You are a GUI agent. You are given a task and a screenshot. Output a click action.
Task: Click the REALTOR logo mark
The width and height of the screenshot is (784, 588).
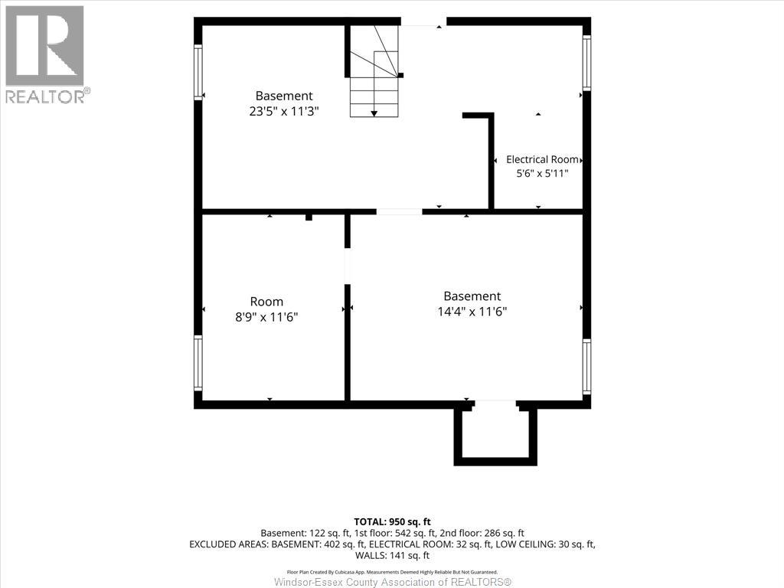pyautogui.click(x=44, y=45)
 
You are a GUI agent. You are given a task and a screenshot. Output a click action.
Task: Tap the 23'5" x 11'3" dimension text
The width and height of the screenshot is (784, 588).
pyautogui.click(x=284, y=111)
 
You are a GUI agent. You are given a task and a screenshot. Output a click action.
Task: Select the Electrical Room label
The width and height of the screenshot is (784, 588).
pyautogui.click(x=542, y=159)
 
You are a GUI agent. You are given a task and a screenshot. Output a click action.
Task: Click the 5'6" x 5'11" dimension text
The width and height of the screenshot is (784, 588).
pyautogui.click(x=543, y=174)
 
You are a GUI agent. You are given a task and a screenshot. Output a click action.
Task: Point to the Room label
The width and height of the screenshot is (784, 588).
pyautogui.click(x=266, y=302)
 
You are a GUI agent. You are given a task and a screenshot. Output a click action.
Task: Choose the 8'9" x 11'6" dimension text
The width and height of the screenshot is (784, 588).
pyautogui.click(x=266, y=317)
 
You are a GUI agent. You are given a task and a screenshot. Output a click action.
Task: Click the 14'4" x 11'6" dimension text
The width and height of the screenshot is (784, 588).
pyautogui.click(x=472, y=312)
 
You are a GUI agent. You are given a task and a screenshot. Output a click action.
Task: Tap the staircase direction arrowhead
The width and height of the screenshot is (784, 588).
pyautogui.click(x=374, y=114)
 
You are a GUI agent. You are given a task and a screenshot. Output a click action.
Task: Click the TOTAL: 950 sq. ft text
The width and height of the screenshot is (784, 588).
pyautogui.click(x=393, y=522)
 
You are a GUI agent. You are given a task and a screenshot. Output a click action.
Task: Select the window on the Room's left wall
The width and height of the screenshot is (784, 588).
pyautogui.click(x=198, y=362)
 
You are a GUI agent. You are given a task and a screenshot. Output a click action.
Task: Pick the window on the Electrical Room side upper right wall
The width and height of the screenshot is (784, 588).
pyautogui.click(x=586, y=63)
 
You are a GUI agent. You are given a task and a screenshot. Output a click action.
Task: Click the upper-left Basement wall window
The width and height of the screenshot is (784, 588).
pyautogui.click(x=198, y=72)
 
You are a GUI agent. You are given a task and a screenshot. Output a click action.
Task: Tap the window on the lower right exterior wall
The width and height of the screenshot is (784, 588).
pyautogui.click(x=586, y=367)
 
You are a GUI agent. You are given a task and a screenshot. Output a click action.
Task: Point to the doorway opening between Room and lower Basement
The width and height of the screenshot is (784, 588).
pyautogui.click(x=347, y=266)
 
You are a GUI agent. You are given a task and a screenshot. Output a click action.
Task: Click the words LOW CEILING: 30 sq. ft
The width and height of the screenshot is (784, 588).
pyautogui.click(x=545, y=544)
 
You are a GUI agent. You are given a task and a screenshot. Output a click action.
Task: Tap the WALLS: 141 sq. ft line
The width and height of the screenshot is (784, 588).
pyautogui.click(x=393, y=555)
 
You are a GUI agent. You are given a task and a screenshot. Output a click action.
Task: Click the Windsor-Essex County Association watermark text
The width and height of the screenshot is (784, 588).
pyautogui.click(x=393, y=582)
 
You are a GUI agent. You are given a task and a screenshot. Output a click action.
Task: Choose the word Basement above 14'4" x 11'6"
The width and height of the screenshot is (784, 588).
pyautogui.click(x=472, y=296)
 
